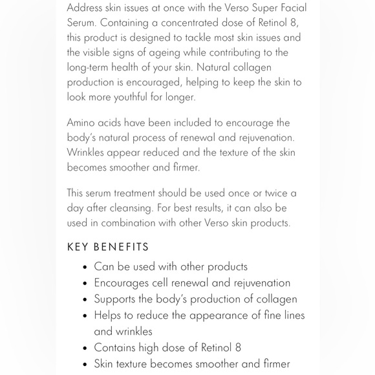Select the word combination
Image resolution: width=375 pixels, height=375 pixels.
137,224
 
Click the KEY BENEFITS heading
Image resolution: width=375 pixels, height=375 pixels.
108,247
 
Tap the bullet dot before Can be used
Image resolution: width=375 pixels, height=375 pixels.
86,267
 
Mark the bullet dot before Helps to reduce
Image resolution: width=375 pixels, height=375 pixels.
86,316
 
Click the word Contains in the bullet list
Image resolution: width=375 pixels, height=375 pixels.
118,348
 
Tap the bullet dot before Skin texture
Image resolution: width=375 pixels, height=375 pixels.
86,364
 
